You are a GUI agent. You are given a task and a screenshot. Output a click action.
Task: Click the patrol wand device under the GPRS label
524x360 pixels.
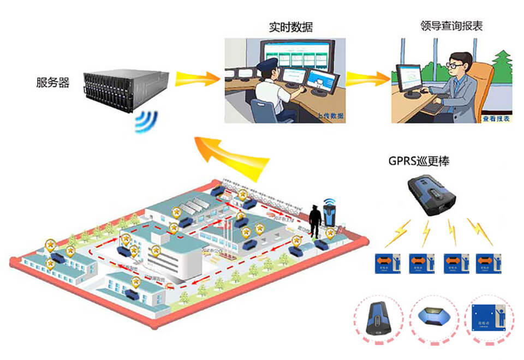point(432,194)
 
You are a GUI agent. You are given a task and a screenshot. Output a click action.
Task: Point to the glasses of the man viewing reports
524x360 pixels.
point(455,64)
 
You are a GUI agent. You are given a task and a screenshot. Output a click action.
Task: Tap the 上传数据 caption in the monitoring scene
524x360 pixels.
point(330,116)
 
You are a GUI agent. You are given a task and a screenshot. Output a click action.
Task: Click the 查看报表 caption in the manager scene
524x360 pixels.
point(495,118)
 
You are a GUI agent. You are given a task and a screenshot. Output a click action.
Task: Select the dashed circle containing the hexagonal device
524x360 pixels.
point(434,318)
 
